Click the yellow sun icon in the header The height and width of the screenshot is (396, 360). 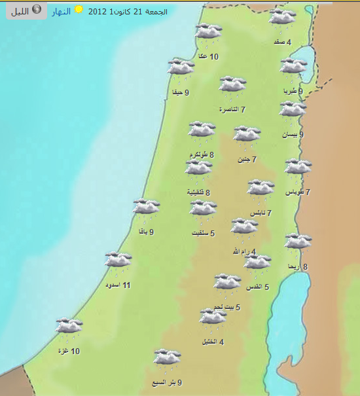pyautogui.click(x=79, y=10)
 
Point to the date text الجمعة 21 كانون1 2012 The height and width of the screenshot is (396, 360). pyautogui.click(x=128, y=11)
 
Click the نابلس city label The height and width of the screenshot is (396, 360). pyautogui.click(x=258, y=213)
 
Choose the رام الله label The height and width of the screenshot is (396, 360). pyautogui.click(x=241, y=251)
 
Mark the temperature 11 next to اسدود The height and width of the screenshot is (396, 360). pyautogui.click(x=127, y=285)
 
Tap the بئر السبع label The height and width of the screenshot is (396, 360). pyautogui.click(x=165, y=383)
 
